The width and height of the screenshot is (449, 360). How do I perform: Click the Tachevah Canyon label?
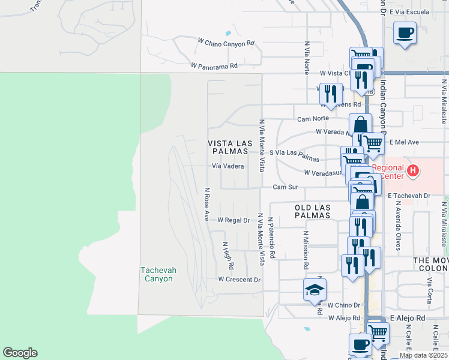tap(158, 274)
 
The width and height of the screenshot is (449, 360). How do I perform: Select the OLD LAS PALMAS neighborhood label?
tap(313, 211)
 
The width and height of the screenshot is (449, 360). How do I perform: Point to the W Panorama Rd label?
tap(214, 65)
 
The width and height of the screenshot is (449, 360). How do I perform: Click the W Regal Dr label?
tap(234, 220)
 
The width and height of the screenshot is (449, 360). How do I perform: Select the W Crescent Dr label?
tap(240, 280)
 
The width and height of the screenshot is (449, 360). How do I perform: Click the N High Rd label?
tap(229, 255)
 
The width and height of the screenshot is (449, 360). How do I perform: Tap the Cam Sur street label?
tap(285, 187)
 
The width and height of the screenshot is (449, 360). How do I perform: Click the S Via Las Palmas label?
tap(294, 156)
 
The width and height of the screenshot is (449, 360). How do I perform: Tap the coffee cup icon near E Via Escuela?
tap(405, 32)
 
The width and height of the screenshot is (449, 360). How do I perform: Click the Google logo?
tap(20, 353)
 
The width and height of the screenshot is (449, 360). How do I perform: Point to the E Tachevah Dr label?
tap(410, 196)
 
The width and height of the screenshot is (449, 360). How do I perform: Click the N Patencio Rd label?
tap(271, 238)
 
